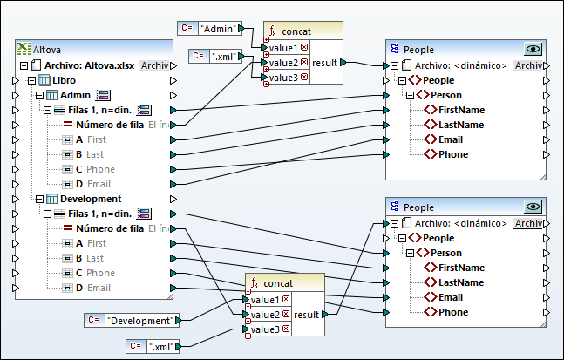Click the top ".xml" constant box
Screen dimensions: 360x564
click(x=222, y=58)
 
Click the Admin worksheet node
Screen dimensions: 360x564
click(x=77, y=95)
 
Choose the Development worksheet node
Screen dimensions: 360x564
click(x=90, y=199)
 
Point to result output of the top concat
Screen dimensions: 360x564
click(x=325, y=63)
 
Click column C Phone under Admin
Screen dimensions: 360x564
click(x=100, y=169)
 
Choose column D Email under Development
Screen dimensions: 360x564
click(x=99, y=288)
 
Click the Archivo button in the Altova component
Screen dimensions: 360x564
click(x=154, y=65)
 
